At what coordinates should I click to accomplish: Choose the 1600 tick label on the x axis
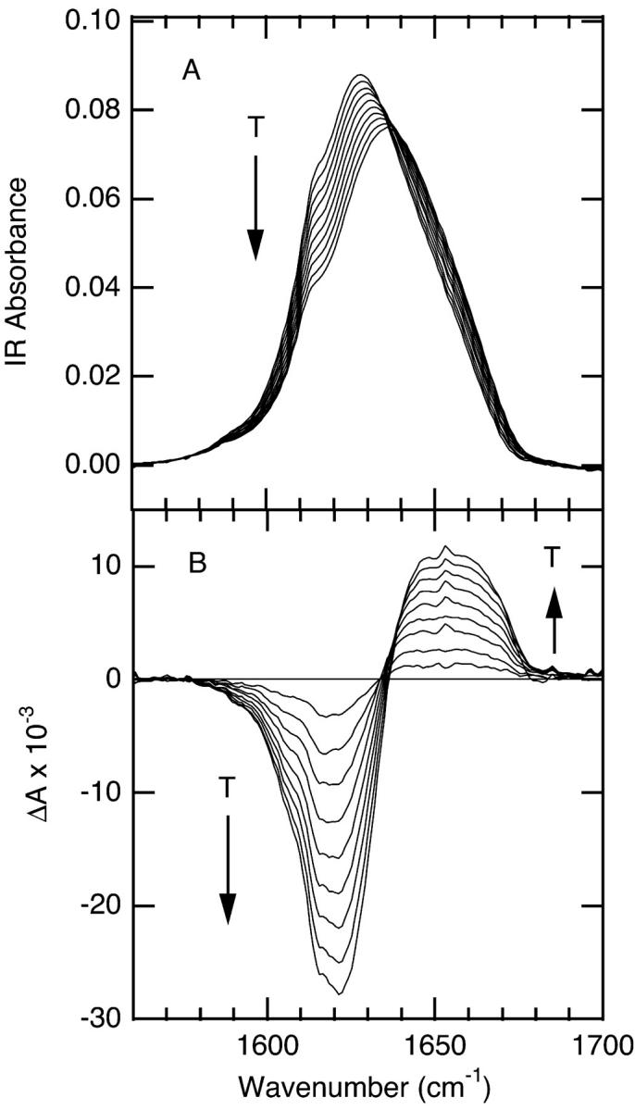tap(268, 1047)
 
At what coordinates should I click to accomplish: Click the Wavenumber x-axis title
tap(367, 1085)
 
